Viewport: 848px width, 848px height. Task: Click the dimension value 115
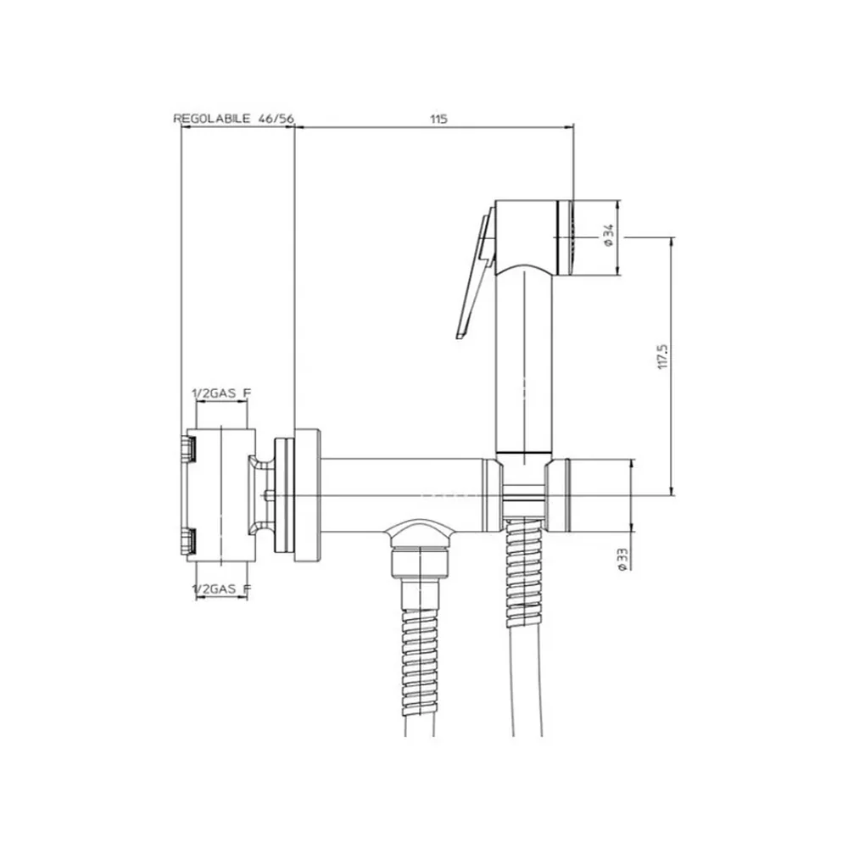438,119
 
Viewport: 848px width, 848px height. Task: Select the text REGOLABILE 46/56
234,119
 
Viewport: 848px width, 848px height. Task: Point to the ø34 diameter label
610,236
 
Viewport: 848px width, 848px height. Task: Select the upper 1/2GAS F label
221,393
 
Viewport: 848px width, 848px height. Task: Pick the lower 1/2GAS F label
221,589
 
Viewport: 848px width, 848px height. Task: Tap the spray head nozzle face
566,237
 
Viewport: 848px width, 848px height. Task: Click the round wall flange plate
308,495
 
